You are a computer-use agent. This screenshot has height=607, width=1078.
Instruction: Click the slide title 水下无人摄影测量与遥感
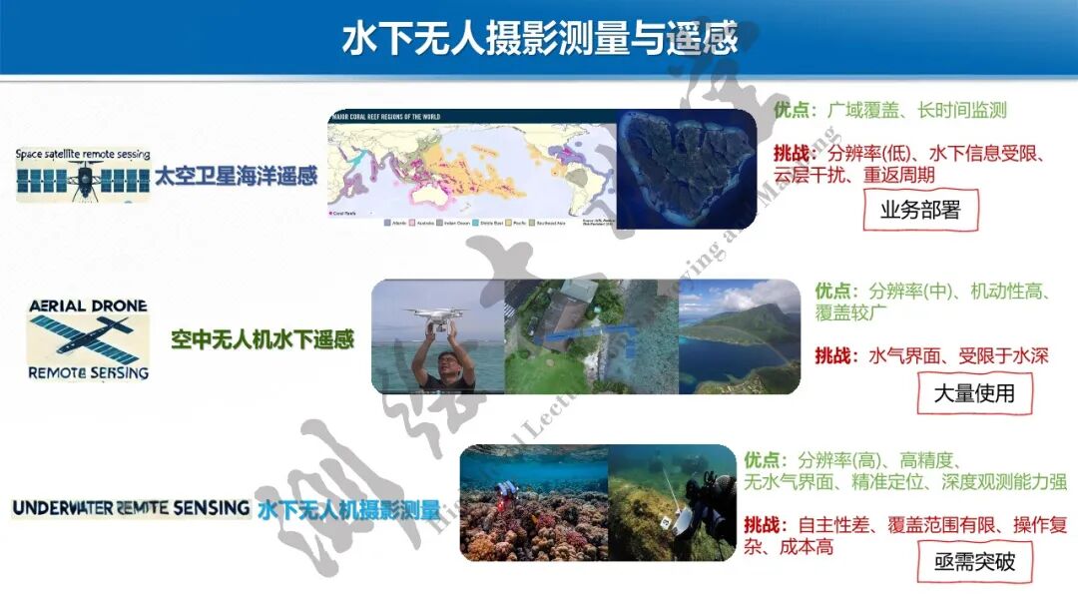pos(539,38)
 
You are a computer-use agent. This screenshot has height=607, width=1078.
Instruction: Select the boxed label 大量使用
pos(973,393)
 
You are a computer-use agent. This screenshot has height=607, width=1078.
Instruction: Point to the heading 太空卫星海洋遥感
pos(236,177)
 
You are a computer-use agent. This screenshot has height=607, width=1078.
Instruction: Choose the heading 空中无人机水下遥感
pos(263,339)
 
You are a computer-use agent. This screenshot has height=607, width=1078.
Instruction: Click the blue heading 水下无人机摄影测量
pos(348,510)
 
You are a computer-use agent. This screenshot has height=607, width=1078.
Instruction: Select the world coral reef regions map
pos(471,170)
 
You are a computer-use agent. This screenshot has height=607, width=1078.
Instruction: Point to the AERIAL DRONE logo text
pos(88,305)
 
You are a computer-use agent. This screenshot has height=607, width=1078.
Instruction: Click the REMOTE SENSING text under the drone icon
pos(88,372)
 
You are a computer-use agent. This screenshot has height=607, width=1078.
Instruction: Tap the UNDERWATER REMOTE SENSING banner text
pos(130,508)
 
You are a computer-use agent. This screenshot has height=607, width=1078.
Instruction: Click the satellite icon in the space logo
pos(84,180)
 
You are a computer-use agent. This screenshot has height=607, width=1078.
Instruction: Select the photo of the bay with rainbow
pos(739,337)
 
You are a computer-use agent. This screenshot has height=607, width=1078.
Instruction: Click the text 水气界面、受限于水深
pos(958,354)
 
